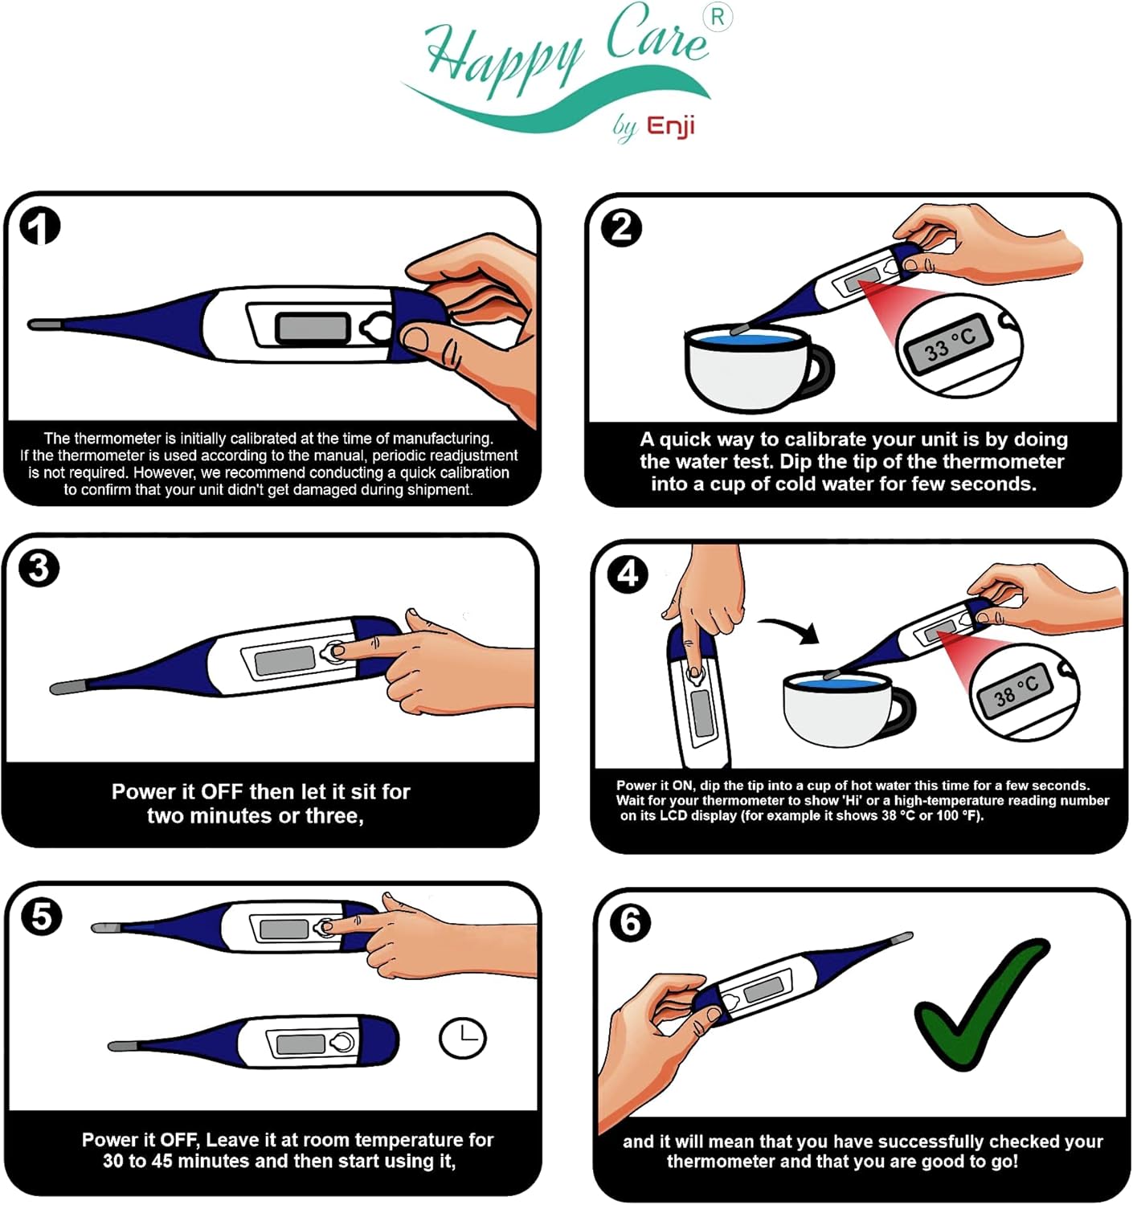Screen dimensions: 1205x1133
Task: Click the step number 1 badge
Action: click(x=39, y=227)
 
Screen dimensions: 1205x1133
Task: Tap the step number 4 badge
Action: click(x=628, y=574)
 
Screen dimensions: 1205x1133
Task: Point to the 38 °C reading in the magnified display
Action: click(x=1016, y=689)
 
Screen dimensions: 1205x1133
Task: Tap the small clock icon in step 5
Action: click(x=463, y=1038)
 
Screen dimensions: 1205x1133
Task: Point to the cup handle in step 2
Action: click(x=821, y=371)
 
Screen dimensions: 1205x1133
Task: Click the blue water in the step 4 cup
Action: click(x=837, y=683)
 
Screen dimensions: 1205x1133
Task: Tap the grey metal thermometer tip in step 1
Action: click(x=45, y=325)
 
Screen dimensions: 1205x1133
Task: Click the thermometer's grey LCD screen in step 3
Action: click(x=284, y=660)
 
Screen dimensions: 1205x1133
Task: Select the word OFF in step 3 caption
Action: click(x=222, y=792)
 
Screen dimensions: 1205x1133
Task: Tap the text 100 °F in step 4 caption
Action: click(x=958, y=815)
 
